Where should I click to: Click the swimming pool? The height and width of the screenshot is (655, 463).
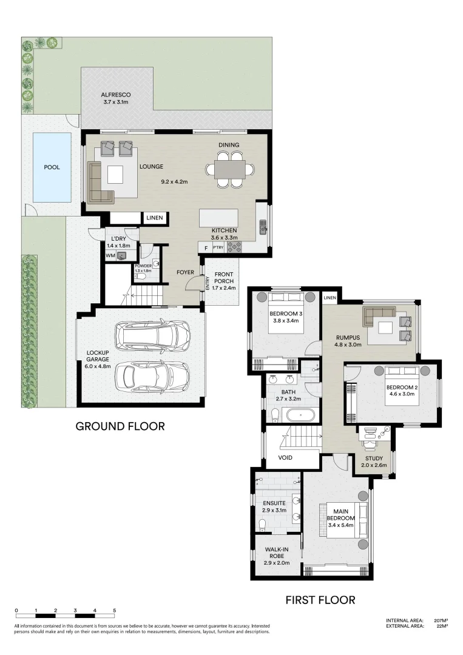(x=52, y=167)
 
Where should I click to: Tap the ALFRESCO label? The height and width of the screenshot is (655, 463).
(x=115, y=99)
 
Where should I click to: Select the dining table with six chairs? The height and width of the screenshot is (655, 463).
(x=229, y=169)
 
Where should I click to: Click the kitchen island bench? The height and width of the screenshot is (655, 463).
(x=219, y=217)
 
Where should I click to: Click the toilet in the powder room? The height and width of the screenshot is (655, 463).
(x=141, y=275)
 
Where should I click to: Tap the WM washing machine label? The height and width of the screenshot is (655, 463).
(x=110, y=257)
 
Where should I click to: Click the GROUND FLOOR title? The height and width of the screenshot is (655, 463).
(x=120, y=426)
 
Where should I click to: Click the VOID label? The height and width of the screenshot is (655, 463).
(x=286, y=458)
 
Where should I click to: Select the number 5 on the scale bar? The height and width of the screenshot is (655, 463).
(x=114, y=610)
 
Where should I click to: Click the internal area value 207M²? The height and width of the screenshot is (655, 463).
(x=441, y=620)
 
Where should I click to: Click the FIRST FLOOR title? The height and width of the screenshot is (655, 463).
(x=320, y=600)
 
